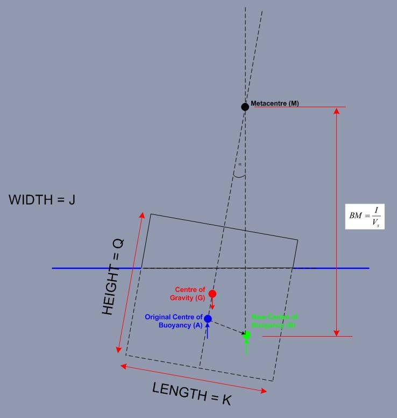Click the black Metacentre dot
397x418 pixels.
click(245, 107)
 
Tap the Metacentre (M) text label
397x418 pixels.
click(275, 103)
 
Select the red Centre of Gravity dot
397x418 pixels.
click(212, 294)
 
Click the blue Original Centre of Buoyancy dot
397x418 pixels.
click(208, 318)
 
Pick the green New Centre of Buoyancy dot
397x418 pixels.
click(247, 335)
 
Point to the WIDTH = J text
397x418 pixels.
click(41, 200)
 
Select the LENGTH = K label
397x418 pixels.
click(192, 394)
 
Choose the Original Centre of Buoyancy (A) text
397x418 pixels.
click(173, 321)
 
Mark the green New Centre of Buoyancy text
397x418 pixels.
click(274, 321)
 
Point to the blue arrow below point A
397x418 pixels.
click(208, 332)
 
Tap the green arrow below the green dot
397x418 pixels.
click(247, 347)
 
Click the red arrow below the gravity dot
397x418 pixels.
click(212, 305)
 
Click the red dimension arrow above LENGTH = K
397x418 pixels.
click(194, 379)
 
